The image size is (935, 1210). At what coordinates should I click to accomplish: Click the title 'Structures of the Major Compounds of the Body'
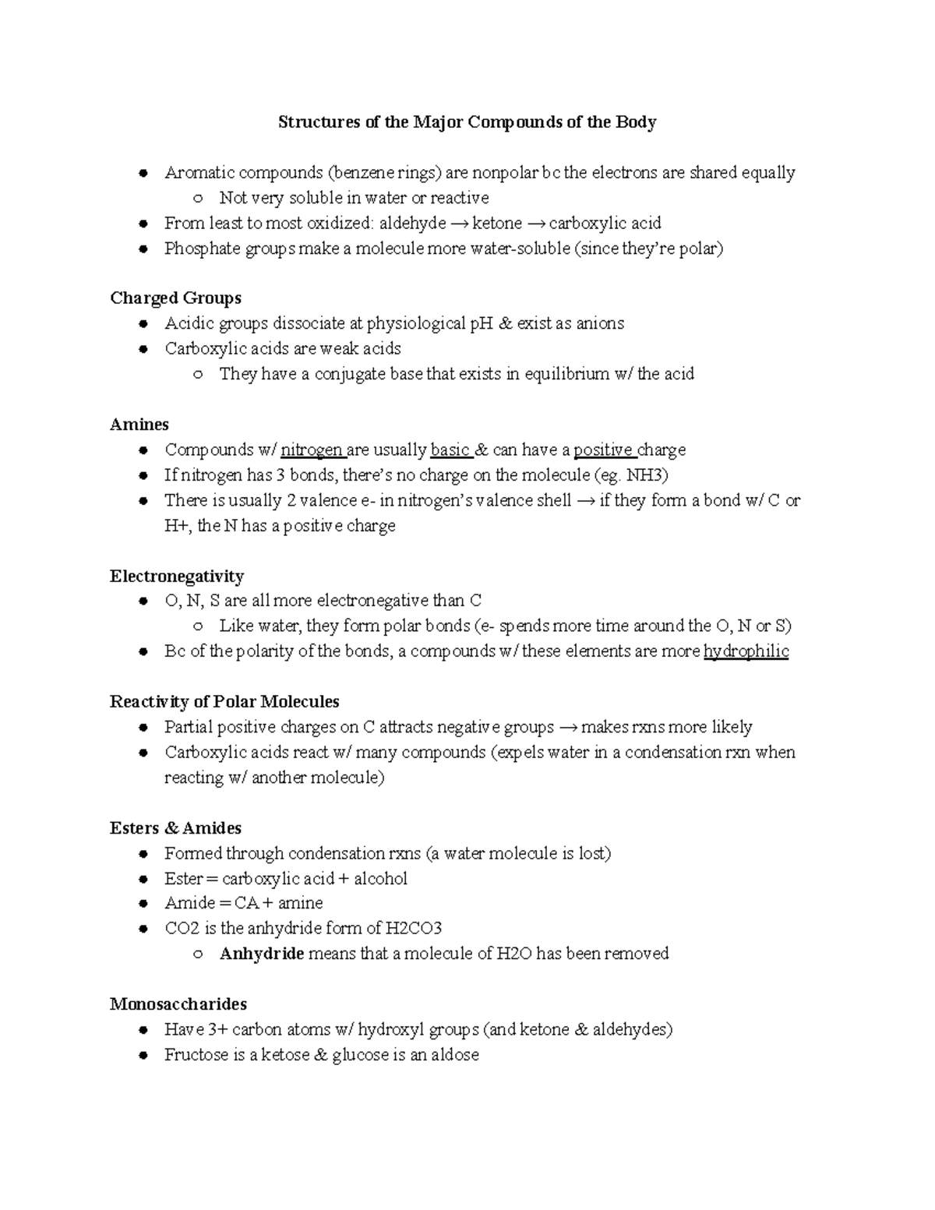coord(467,122)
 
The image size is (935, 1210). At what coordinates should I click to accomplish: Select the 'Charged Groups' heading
coord(175,298)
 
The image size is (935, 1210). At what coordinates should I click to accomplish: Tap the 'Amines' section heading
coord(139,425)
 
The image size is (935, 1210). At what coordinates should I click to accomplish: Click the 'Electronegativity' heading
coord(177,577)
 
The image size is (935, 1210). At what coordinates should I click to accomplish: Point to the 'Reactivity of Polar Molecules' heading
coord(224,702)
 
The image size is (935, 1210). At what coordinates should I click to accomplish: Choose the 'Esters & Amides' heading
coord(175,828)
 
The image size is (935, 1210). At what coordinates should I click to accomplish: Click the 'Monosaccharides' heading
coord(178,1004)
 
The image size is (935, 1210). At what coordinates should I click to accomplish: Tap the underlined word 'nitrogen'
coord(312,450)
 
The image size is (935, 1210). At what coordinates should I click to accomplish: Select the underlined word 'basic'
coord(450,450)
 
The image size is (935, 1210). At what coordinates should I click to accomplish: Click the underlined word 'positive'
coord(603,450)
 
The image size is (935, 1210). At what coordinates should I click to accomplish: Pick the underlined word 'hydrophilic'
coord(746,651)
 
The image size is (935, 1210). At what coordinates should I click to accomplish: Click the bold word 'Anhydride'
coord(262,954)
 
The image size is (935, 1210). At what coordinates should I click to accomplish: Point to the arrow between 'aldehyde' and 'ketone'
coord(459,224)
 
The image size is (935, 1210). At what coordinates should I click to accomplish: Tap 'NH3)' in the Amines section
coord(648,475)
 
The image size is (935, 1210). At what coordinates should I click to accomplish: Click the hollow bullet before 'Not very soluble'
coord(199,199)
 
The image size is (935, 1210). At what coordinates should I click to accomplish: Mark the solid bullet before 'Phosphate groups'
coord(143,249)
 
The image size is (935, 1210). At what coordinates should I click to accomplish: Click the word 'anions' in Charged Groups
coord(599,323)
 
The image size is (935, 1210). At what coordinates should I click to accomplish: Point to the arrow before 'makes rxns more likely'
coord(568,728)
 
